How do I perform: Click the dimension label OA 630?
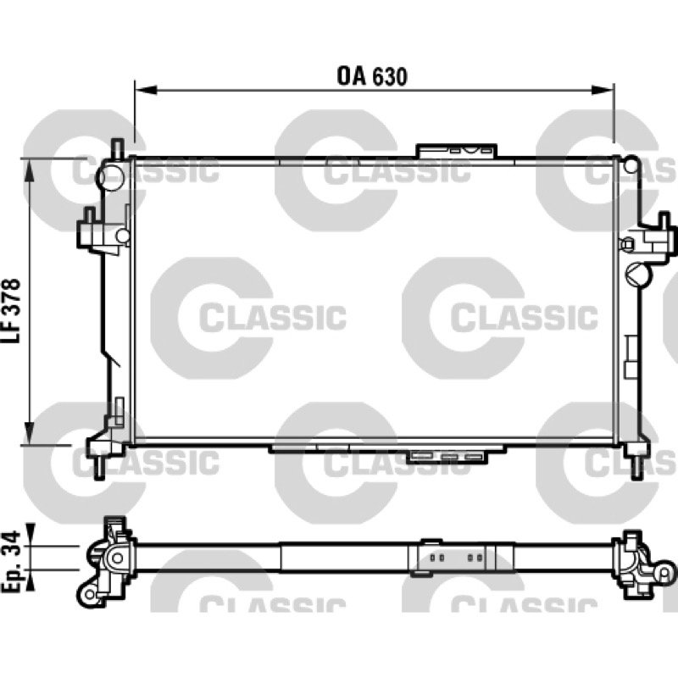[372, 76]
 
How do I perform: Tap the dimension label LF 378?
[11, 310]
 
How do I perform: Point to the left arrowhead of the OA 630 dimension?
[145, 90]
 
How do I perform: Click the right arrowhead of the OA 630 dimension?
[603, 90]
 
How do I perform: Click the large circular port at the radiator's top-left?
[110, 176]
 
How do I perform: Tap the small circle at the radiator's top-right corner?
[631, 164]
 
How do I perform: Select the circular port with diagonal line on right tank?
[637, 273]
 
